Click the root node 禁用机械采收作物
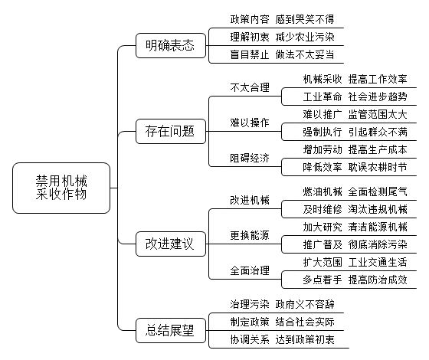point(61,188)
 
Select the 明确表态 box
point(171,45)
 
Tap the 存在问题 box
point(171,131)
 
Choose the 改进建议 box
point(171,244)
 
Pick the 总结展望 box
point(171,330)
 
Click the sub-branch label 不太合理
point(250,88)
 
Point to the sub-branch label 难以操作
point(250,123)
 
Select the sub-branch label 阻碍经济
point(250,158)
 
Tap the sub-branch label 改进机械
point(250,200)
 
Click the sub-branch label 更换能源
point(250,235)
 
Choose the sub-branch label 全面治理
point(250,270)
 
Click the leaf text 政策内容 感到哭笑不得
point(283,19)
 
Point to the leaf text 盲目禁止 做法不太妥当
point(283,54)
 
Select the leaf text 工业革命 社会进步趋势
point(355,97)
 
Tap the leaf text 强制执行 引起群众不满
point(355,132)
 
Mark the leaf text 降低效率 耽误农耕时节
point(355,167)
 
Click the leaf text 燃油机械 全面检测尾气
point(355,191)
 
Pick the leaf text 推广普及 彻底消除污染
point(355,244)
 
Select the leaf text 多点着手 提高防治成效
point(355,280)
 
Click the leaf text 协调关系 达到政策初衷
point(283,339)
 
